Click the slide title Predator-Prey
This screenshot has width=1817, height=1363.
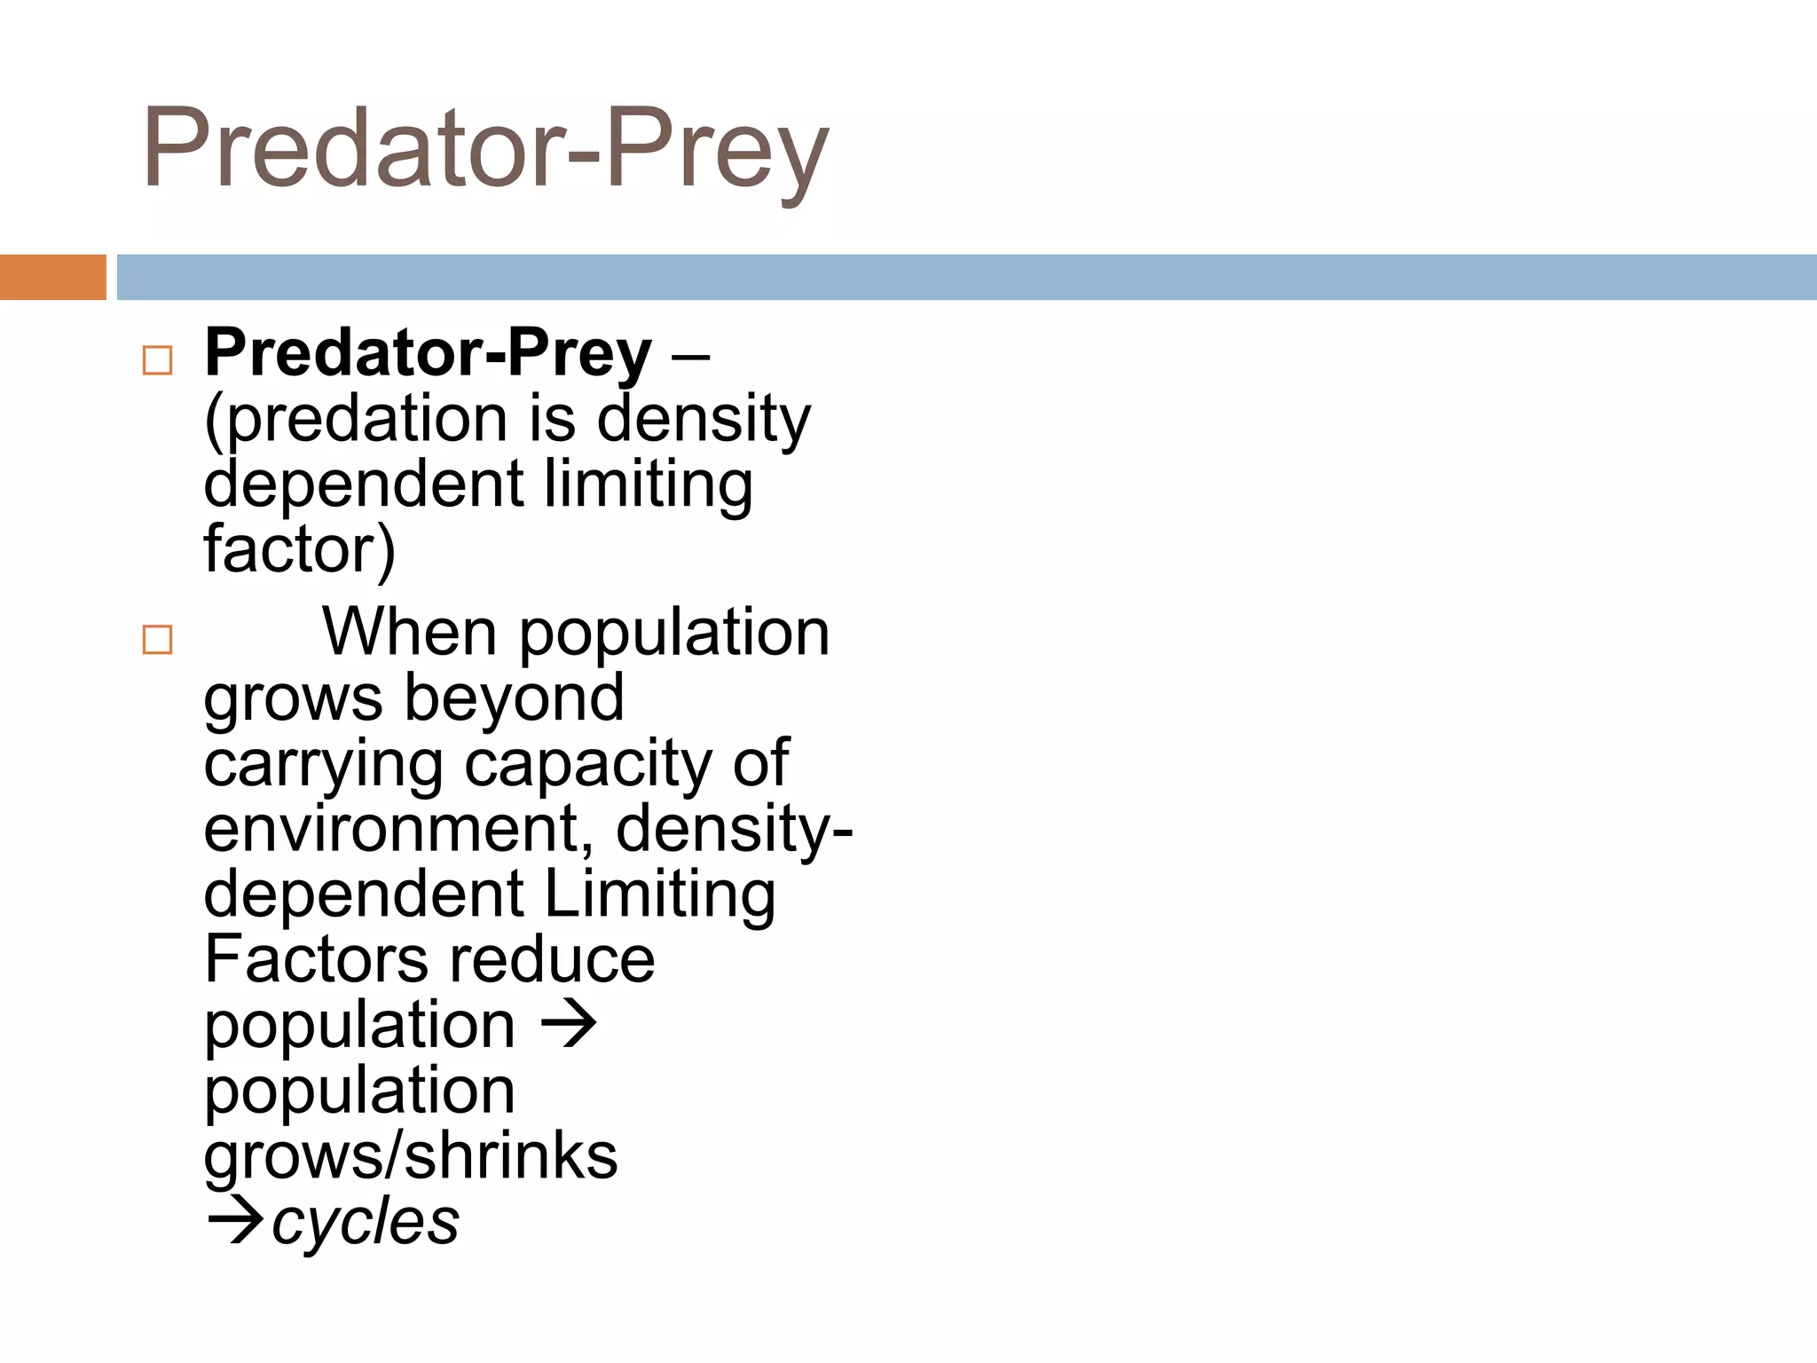(485, 149)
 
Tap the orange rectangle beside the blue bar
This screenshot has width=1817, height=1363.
(52, 277)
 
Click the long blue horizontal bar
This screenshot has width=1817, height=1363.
(965, 277)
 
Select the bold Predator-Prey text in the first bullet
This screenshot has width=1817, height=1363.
(429, 353)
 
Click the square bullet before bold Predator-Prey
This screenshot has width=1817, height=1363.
(157, 360)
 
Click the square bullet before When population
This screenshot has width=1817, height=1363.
(157, 639)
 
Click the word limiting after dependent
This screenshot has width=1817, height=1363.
(648, 485)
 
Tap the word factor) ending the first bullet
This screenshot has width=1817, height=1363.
(299, 549)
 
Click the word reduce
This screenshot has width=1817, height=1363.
(552, 959)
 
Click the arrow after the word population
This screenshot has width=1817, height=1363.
(569, 1024)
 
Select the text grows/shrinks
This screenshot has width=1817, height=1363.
(411, 1155)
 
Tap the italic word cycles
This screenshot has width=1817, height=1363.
(366, 1221)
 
